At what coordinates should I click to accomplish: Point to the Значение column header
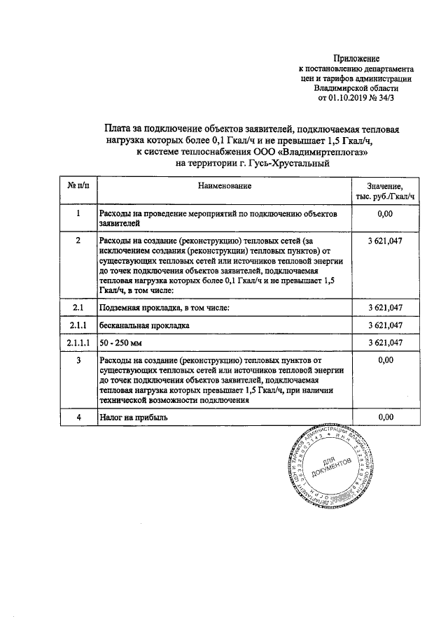(388, 187)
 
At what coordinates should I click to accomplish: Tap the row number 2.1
(78, 308)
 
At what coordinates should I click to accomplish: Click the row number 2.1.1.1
(78, 343)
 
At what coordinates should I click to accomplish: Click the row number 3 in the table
(78, 360)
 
